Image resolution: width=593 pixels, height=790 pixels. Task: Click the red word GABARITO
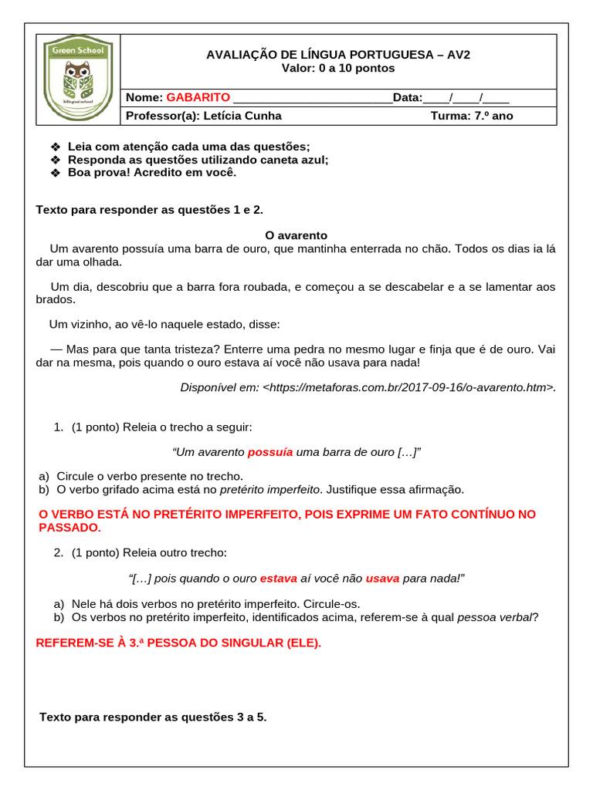tap(198, 97)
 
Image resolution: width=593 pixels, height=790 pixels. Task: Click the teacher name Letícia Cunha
tap(241, 116)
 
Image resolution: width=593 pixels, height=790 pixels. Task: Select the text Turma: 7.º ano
tap(471, 116)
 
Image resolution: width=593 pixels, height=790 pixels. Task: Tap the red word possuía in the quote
tap(269, 452)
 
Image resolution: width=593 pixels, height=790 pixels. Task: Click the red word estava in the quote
tap(278, 578)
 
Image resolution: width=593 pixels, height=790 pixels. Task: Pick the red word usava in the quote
tap(382, 578)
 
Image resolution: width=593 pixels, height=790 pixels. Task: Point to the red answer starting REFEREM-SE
tap(178, 643)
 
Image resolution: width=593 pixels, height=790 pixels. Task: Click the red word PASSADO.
tap(69, 528)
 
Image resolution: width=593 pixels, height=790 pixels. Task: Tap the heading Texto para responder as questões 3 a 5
tap(153, 717)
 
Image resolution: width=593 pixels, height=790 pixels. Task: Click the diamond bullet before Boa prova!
tap(55, 173)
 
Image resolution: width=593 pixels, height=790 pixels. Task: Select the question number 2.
tap(59, 552)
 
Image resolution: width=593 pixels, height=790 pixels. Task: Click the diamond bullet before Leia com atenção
tap(55, 147)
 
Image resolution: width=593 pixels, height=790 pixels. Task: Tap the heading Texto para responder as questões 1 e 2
tap(154, 209)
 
